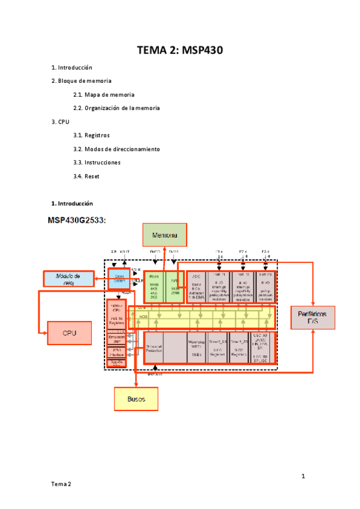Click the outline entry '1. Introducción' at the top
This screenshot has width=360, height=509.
(71, 67)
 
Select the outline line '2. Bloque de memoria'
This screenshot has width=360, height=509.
(81, 80)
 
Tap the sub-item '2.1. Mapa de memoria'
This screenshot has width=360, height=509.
(103, 94)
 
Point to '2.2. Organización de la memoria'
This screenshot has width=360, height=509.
(116, 108)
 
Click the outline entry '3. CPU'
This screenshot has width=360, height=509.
(61, 122)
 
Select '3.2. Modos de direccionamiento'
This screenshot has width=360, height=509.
(116, 149)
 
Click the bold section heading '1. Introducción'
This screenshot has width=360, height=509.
(72, 203)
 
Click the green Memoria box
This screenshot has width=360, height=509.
(164, 235)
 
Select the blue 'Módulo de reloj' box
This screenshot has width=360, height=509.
(68, 279)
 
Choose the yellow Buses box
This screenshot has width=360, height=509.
(136, 399)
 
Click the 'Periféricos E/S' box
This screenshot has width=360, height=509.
(313, 318)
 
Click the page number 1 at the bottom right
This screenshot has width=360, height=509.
(304, 477)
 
